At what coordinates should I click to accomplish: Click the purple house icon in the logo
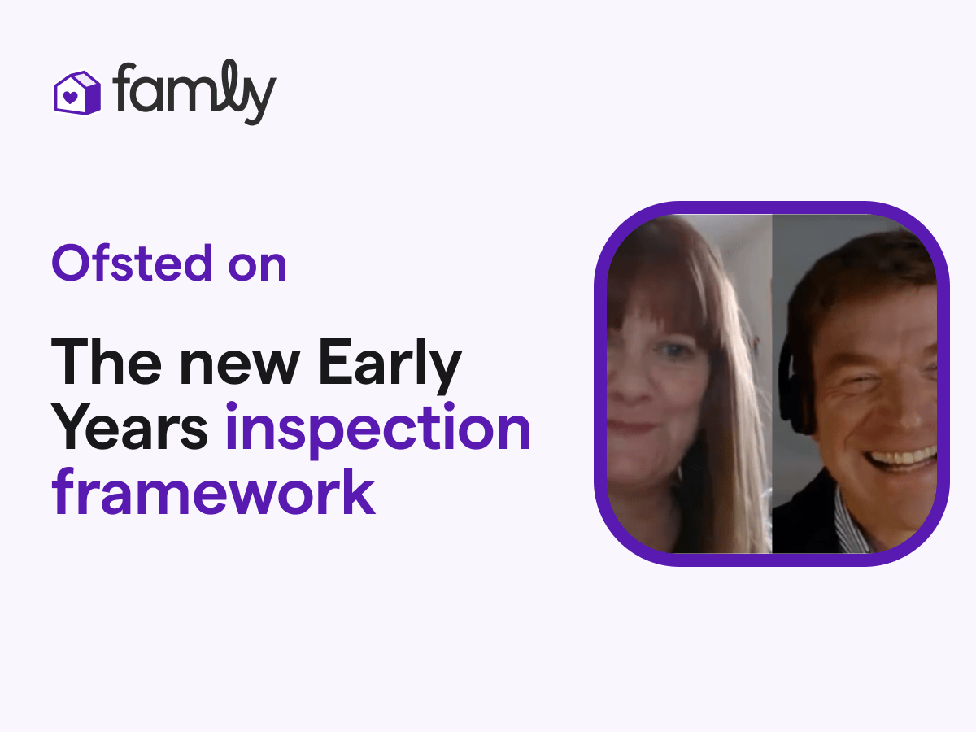[76, 92]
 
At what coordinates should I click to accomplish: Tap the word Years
[130, 428]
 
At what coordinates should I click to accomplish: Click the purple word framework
[213, 493]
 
